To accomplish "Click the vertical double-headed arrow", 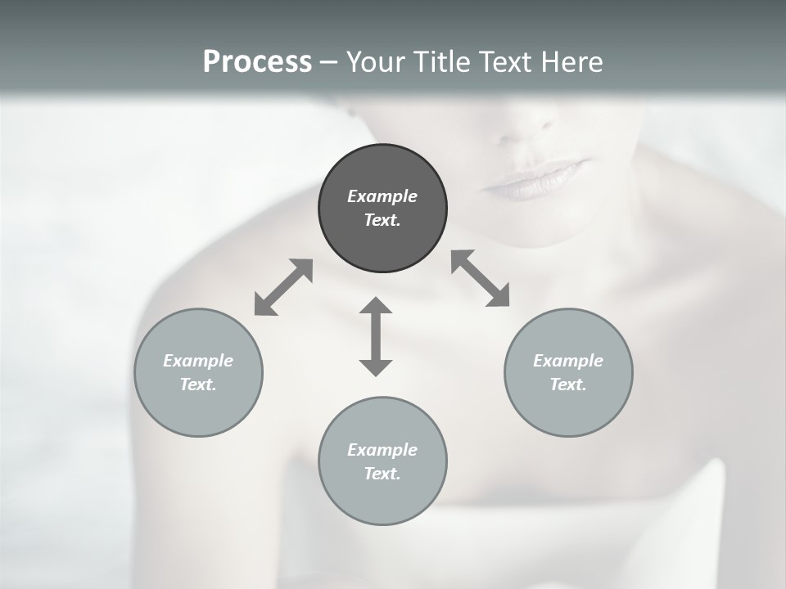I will (376, 336).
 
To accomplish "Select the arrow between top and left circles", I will (283, 287).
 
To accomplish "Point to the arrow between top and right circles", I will (481, 278).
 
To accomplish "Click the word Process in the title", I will (257, 61).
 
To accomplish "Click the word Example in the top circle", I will (382, 196).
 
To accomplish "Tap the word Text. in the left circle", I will (198, 384).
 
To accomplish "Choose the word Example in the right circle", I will (568, 361).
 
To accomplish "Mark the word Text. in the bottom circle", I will (382, 474).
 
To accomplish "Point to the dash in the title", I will (328, 62).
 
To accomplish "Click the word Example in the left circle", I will (198, 361).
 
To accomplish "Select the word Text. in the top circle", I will (382, 220).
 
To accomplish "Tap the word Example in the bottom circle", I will (382, 450).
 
